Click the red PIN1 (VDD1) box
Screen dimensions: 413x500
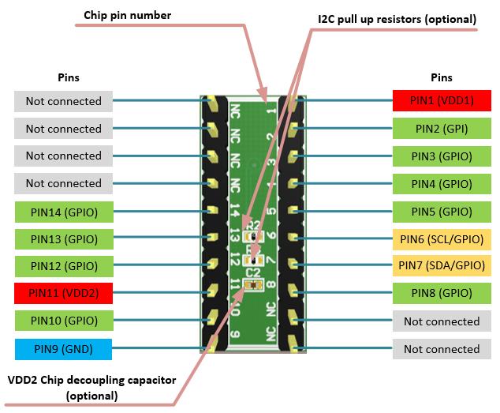[442, 101]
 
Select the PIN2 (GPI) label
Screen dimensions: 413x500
[442, 129]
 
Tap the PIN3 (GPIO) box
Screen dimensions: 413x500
[442, 156]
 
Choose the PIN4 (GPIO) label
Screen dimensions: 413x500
[442, 184]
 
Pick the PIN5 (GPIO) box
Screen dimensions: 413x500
[442, 212]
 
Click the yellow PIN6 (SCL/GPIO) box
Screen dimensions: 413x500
[442, 238]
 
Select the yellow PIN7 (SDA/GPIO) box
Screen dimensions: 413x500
[442, 266]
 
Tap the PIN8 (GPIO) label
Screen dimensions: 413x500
[442, 294]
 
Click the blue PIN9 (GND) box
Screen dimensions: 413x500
[63, 348]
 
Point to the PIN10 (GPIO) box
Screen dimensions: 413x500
[63, 321]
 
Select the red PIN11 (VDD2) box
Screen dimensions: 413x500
[63, 294]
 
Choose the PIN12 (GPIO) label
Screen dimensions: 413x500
[63, 266]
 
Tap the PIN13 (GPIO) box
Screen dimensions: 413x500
[63, 238]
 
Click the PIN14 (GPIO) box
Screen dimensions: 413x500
[63, 212]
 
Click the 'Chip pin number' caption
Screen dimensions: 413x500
[127, 15]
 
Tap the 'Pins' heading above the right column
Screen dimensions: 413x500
[442, 77]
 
